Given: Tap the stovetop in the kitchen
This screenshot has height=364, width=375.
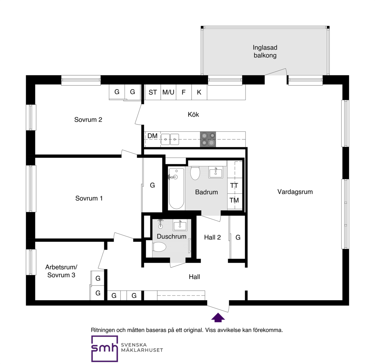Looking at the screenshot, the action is tap(208, 139).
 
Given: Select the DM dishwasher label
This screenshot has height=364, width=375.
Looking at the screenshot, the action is tap(152, 136).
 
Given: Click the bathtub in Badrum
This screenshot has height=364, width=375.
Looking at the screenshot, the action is tap(176, 188).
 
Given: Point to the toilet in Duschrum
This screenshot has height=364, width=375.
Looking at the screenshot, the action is tap(159, 247).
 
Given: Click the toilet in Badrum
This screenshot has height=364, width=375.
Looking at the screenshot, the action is tap(195, 173).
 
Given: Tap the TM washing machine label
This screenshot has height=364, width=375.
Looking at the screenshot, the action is tap(234, 200).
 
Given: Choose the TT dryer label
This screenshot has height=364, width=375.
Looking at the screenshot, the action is tap(234, 186).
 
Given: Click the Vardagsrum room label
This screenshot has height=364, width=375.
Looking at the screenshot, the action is tap(295, 192).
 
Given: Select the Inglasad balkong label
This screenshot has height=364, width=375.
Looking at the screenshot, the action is tap(265, 51).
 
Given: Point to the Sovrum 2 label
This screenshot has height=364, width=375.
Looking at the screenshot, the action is tap(88, 120).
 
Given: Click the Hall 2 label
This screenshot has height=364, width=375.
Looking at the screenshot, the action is tap(212, 237).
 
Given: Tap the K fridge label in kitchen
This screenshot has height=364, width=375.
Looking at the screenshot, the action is tap(199, 92).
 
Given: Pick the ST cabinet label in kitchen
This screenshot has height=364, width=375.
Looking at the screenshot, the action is tap(153, 92).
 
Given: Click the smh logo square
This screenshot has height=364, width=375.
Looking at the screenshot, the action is tap(105, 349).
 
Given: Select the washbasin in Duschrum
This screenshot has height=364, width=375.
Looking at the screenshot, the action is tap(180, 225).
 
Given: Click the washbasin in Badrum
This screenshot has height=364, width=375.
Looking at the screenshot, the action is tap(216, 172).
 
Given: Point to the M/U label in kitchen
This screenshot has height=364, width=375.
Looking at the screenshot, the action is tap(168, 92).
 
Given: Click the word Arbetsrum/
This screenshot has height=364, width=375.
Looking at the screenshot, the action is tap(61, 267).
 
